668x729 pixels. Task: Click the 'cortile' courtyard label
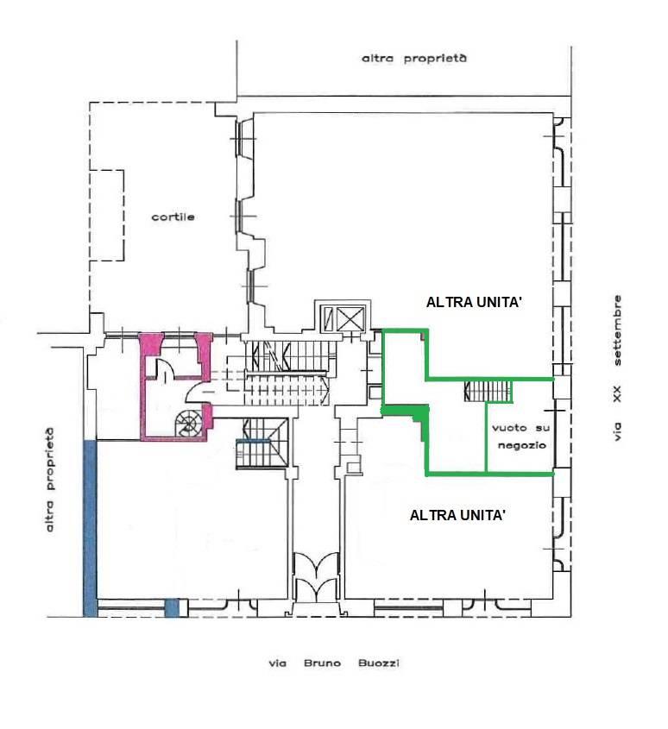[x=173, y=217]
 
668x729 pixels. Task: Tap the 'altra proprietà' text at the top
[x=414, y=58]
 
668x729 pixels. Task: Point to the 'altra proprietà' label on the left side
[x=49, y=480]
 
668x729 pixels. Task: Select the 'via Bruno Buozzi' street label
[x=333, y=663]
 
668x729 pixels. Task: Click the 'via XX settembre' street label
[x=617, y=368]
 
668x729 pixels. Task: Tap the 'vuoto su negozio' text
[x=521, y=436]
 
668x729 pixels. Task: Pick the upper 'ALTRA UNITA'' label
[x=474, y=302]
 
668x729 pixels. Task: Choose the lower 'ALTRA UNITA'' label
[x=457, y=515]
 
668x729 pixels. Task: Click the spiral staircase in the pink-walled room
[x=189, y=424]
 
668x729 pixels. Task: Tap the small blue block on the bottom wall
[x=172, y=608]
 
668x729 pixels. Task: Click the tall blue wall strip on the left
[x=90, y=529]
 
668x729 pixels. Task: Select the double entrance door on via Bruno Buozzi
[x=317, y=576]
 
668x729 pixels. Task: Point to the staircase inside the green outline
[x=488, y=392]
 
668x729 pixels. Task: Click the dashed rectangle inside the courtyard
[x=107, y=216]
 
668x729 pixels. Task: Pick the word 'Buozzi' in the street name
[x=379, y=663]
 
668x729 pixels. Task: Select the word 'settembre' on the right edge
[x=617, y=330]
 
